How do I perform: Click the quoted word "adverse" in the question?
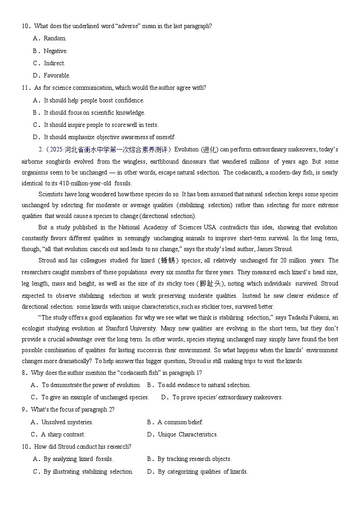tap(128, 26)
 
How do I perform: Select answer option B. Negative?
tap(55, 51)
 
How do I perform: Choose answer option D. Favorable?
tap(57, 76)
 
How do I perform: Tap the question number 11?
tap(25, 88)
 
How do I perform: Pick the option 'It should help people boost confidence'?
tap(94, 101)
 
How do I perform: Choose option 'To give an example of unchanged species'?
tap(95, 398)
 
